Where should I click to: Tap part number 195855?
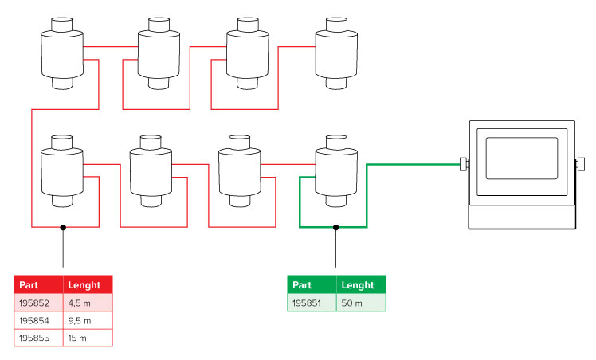[x=33, y=338]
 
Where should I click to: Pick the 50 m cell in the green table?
[x=351, y=303]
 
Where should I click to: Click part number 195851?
[x=308, y=303]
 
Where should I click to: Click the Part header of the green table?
[x=303, y=284]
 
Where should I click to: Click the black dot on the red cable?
[x=63, y=227]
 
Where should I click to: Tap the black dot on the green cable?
[x=335, y=227]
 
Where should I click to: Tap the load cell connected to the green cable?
[x=335, y=171]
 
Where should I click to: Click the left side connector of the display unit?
[x=462, y=165]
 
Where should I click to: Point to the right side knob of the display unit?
[x=578, y=165]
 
